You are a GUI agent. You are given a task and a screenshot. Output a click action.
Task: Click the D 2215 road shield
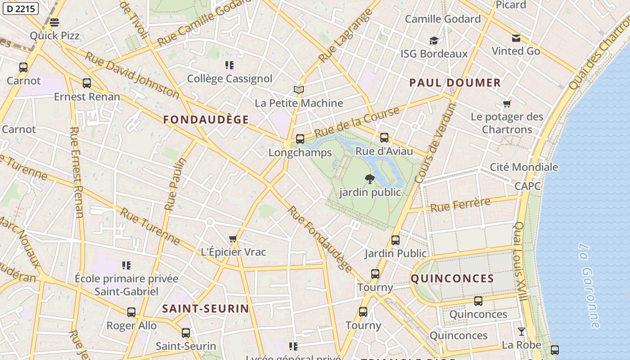[x=20, y=9]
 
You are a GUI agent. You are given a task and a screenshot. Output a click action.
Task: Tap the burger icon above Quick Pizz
[x=54, y=22]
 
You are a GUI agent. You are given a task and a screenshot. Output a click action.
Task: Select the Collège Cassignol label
[x=229, y=78]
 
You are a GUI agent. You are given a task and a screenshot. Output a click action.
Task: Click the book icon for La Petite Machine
[x=299, y=90]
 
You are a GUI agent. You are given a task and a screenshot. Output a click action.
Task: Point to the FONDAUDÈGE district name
[x=206, y=119]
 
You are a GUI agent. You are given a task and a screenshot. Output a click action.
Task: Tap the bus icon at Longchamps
[x=300, y=139]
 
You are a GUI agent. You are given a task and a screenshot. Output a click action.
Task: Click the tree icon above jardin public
[x=369, y=179]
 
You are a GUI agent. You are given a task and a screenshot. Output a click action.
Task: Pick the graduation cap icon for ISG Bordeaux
[x=434, y=41]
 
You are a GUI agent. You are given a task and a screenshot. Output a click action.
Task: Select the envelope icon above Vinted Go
[x=516, y=38]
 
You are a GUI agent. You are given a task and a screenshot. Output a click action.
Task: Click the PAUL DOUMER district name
[x=455, y=82]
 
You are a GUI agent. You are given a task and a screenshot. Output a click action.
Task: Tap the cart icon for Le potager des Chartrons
[x=507, y=104]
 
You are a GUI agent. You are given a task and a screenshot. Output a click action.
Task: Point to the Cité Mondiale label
[x=523, y=167]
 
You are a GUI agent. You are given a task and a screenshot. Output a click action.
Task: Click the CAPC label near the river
[x=527, y=186]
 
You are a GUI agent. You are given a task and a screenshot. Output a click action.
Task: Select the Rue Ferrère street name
[x=460, y=205]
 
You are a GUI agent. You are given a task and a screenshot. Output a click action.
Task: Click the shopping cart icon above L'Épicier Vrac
[x=233, y=238]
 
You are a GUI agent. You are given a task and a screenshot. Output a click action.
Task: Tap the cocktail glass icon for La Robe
[x=521, y=332]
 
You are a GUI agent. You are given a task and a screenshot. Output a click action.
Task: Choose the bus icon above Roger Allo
[x=131, y=312]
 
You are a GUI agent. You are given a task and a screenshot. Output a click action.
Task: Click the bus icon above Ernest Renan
[x=87, y=83]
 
